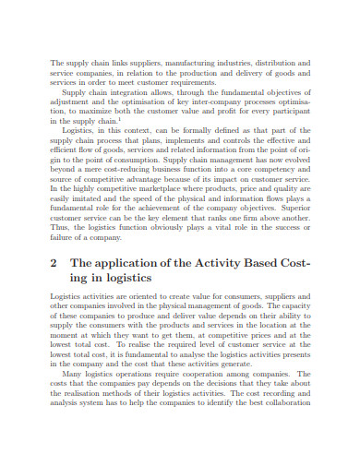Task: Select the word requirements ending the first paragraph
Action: [x=203, y=82]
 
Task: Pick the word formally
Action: [x=196, y=131]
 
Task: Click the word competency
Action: [x=276, y=169]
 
